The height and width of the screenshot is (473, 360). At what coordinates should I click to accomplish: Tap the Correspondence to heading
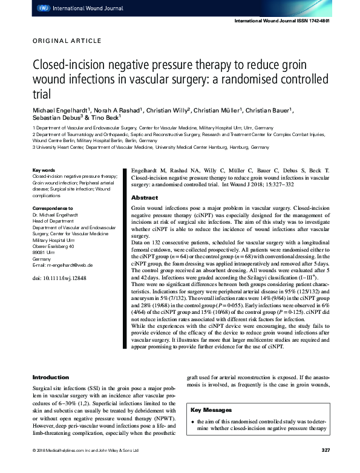pyautogui.click(x=53, y=209)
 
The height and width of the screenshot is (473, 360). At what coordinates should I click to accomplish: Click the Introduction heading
pyautogui.click(x=51, y=377)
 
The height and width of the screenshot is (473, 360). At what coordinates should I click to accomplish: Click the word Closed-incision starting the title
pyautogui.click(x=69, y=65)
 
